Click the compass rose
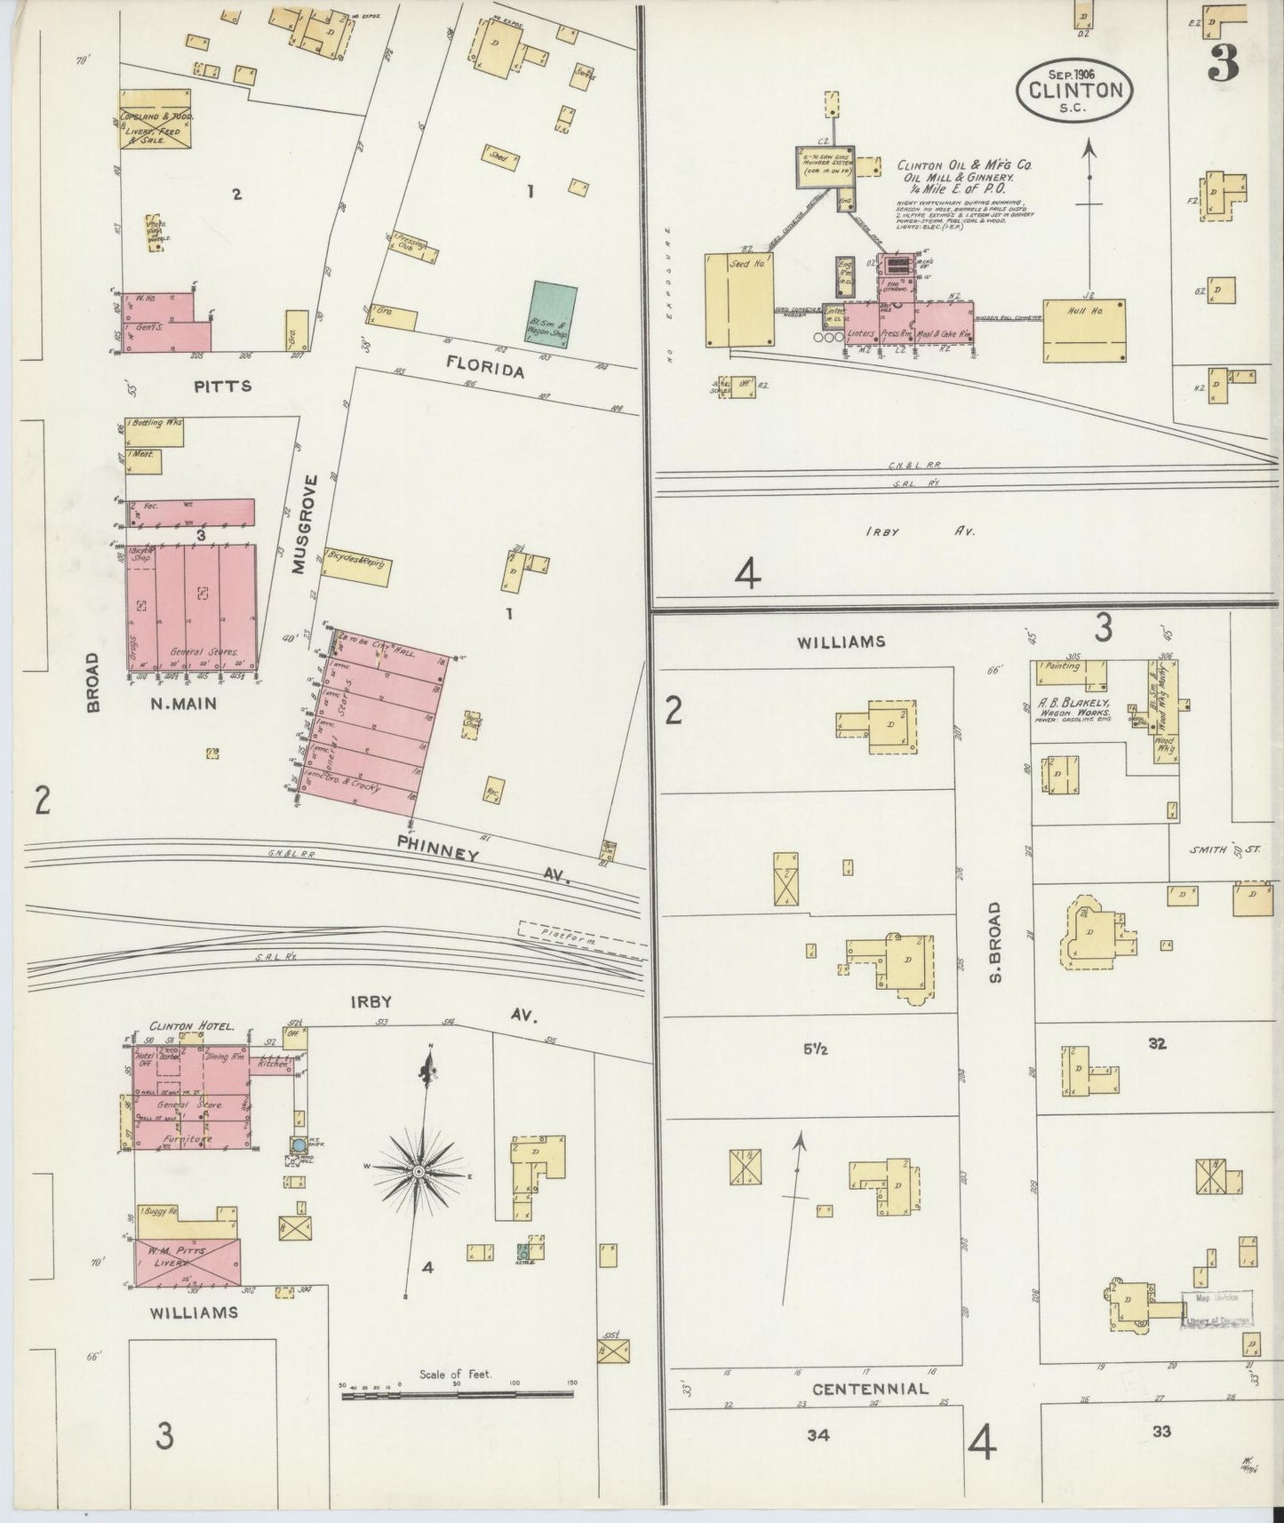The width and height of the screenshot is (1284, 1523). click(418, 1173)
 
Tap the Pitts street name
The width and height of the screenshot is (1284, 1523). click(222, 386)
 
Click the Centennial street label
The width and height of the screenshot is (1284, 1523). click(870, 1388)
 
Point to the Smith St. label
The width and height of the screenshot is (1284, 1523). click(1226, 850)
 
